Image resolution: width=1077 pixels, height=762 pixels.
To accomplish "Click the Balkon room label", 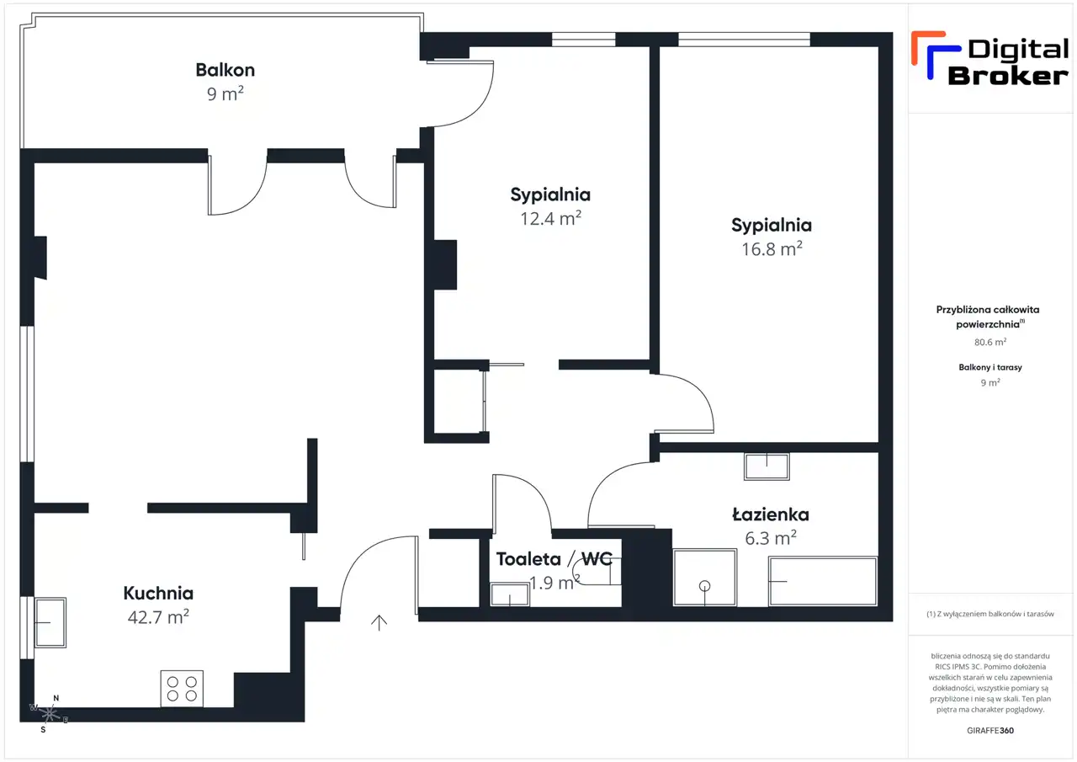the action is (225, 70).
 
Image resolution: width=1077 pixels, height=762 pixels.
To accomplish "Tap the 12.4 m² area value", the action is (550, 218).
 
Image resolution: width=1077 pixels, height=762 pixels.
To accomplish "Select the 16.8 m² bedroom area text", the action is (772, 248).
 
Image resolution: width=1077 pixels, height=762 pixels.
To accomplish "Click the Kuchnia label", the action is (158, 593).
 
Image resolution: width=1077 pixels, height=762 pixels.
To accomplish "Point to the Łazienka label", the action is (771, 514).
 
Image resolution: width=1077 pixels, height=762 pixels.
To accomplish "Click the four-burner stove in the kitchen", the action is (182, 689).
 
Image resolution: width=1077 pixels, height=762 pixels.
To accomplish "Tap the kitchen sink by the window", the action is (50, 622).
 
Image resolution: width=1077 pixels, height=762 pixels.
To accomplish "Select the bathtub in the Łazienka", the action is (823, 581).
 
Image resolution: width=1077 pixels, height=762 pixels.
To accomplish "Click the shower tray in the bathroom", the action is (705, 578).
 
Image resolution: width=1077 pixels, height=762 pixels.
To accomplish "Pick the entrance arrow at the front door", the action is (379, 622).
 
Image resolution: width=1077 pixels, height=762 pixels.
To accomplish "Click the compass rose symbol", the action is (49, 714).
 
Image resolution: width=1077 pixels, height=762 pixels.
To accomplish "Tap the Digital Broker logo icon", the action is (936, 55).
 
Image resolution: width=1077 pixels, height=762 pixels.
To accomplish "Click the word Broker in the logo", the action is (1008, 76).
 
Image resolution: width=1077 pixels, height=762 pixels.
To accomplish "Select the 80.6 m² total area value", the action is (990, 342).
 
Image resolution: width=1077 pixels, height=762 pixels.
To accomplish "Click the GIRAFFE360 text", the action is (990, 730).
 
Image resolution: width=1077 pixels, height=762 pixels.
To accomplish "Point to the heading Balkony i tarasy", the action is (990, 367).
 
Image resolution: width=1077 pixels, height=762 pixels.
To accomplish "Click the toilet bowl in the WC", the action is (597, 571).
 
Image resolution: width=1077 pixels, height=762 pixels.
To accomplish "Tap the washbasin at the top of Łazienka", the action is (767, 466).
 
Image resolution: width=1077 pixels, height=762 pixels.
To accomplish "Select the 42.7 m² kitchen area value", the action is (158, 616).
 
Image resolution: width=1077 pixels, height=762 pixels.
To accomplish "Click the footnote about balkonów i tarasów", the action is (990, 614).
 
